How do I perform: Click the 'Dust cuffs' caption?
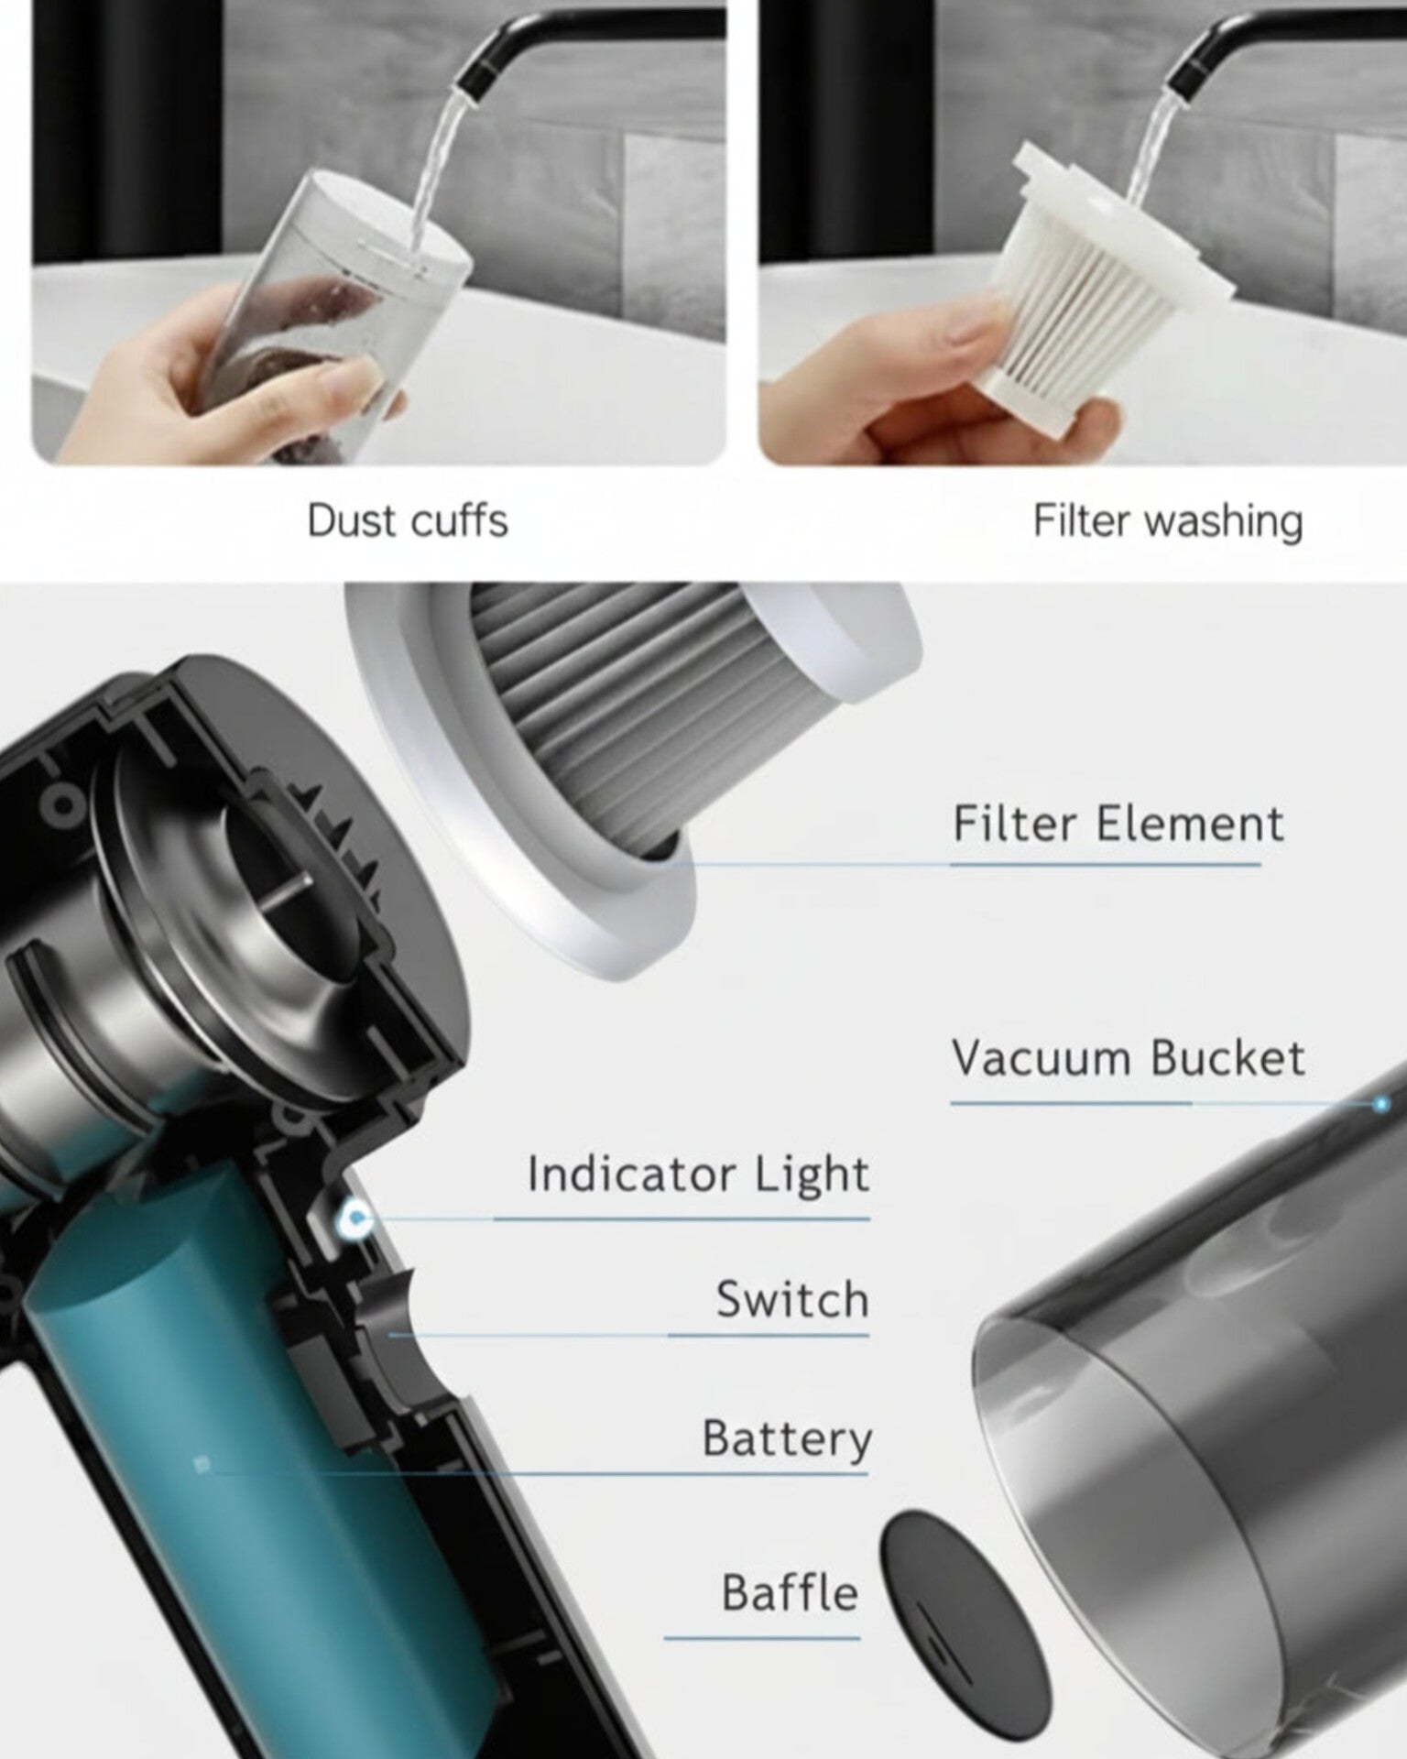click(407, 520)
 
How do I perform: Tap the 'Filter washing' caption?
click(1168, 520)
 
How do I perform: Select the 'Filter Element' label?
click(1118, 823)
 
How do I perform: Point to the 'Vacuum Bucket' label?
click(1128, 1058)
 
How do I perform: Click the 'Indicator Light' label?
click(698, 1175)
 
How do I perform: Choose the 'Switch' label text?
click(792, 1299)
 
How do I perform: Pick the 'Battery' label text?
click(787, 1439)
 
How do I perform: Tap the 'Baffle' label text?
click(790, 1593)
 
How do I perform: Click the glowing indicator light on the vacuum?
click(354, 1218)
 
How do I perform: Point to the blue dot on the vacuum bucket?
click(1380, 1105)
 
